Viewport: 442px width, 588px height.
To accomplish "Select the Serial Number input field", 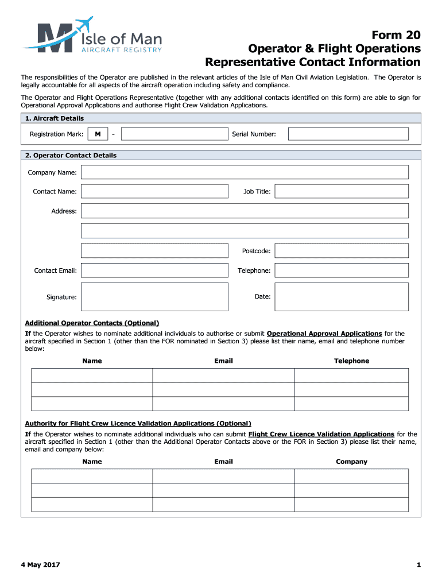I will [348, 134].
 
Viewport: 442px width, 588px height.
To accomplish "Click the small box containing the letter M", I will [98, 134].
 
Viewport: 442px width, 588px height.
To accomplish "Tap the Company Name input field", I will [245, 172].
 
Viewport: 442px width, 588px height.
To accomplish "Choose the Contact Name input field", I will [154, 191].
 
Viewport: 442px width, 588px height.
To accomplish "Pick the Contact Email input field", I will [154, 270].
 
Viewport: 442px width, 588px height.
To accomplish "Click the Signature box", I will [154, 297].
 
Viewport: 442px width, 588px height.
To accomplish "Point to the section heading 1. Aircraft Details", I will [55, 118].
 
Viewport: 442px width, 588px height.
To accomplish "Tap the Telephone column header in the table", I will [351, 361].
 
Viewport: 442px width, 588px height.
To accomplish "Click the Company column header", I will [351, 462].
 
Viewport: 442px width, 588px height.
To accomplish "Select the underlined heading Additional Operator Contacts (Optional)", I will [92, 323].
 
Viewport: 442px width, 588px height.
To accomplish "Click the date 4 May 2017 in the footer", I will [40, 565].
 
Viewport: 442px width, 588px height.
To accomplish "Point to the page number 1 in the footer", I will [418, 565].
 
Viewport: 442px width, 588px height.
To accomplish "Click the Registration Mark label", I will [56, 134].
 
